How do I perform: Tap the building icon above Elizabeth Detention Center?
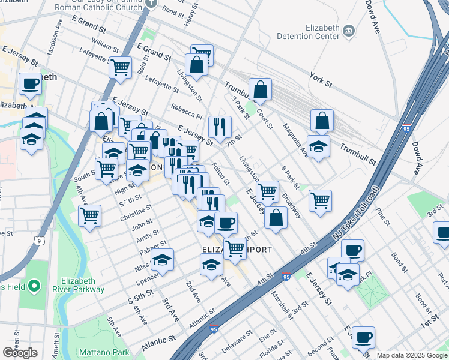[x=348, y=29]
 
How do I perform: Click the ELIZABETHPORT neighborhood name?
[x=237, y=250]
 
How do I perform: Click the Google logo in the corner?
[x=20, y=353]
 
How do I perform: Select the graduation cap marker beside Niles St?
[x=162, y=260]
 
